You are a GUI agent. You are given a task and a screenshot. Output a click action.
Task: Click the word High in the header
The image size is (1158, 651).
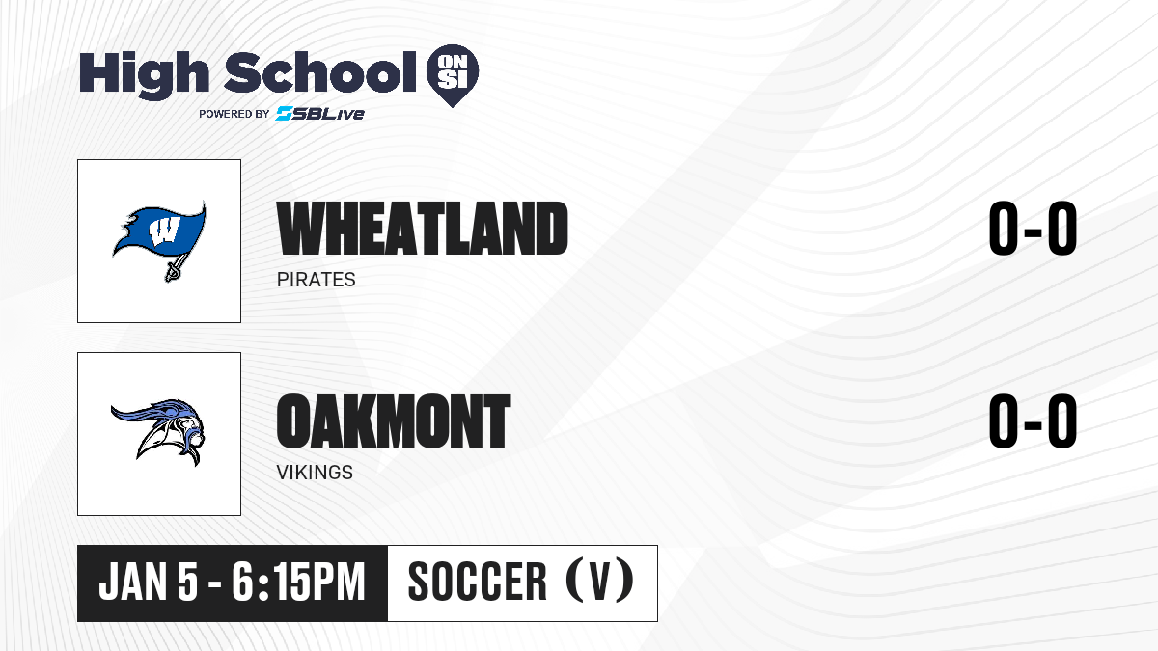click(144, 74)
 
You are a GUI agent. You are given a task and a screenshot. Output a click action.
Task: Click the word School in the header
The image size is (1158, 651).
click(320, 72)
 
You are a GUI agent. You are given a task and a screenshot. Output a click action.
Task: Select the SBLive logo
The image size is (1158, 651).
click(319, 114)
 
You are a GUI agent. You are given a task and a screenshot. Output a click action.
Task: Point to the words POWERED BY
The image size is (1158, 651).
click(234, 114)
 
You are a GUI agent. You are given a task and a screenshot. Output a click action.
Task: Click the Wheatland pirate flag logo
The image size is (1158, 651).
click(159, 241)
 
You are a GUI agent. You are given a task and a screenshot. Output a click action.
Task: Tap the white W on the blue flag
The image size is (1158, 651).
click(164, 231)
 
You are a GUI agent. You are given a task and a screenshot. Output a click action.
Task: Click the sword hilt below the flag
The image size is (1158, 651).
click(174, 270)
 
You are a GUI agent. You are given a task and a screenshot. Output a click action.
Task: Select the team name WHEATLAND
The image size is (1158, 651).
click(423, 229)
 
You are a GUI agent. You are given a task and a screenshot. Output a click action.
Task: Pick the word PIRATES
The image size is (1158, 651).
click(316, 280)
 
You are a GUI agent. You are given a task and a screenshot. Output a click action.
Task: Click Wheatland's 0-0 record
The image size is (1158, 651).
click(1033, 229)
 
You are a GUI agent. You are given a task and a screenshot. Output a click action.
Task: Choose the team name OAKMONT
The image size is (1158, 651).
click(394, 420)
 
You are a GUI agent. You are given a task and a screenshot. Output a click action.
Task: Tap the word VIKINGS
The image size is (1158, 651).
click(315, 473)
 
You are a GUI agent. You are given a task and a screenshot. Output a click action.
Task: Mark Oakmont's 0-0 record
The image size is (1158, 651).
click(1033, 420)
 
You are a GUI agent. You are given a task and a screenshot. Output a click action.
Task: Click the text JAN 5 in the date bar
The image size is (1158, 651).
click(149, 582)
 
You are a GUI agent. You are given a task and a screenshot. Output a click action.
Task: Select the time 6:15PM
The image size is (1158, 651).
click(298, 582)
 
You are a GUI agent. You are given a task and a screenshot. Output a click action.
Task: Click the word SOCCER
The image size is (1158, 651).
click(477, 582)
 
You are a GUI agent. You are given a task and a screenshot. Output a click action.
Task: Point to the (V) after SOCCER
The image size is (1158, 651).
click(599, 581)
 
